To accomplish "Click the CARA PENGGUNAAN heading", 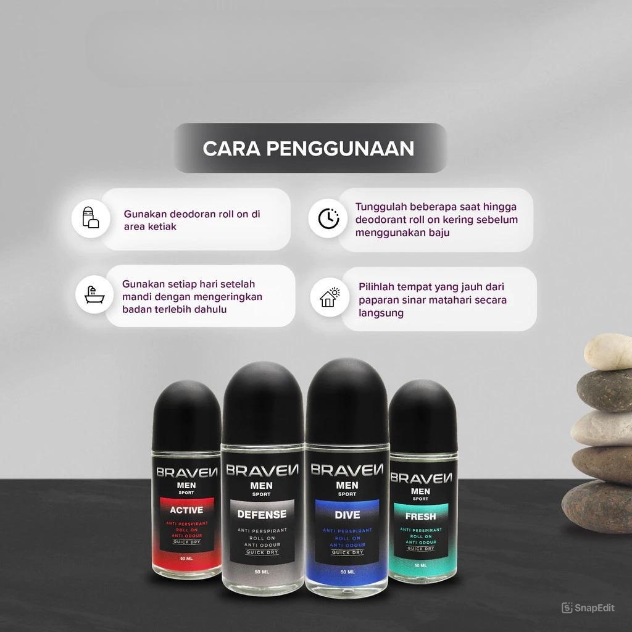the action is pyautogui.click(x=309, y=148).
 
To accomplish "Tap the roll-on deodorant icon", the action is pyautogui.click(x=91, y=218).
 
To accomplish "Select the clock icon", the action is pyautogui.click(x=328, y=218).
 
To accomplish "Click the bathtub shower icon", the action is pyautogui.click(x=94, y=294).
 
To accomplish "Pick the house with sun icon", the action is pyautogui.click(x=330, y=297).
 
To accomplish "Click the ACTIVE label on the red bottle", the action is pyautogui.click(x=186, y=510).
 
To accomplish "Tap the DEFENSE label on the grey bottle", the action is pyautogui.click(x=262, y=514).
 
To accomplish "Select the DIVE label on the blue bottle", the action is pyautogui.click(x=347, y=515).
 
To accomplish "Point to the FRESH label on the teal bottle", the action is pyautogui.click(x=420, y=517).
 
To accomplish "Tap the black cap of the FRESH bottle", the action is pyautogui.click(x=423, y=416).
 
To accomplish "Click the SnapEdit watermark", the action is pyautogui.click(x=588, y=608).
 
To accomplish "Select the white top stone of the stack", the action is pyautogui.click(x=608, y=352).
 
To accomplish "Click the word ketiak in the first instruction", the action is pyautogui.click(x=163, y=227).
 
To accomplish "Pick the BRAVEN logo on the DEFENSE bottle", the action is pyautogui.click(x=262, y=470).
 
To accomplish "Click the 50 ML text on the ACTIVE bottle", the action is pyautogui.click(x=186, y=558).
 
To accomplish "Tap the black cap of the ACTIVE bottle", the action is pyautogui.click(x=186, y=415).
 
